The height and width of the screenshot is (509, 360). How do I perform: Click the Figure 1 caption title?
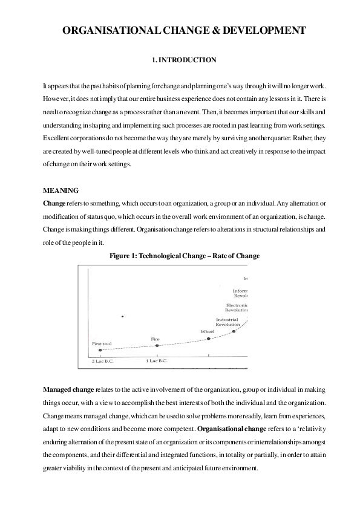pos(184,256)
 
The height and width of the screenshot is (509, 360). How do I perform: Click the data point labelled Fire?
pos(157,345)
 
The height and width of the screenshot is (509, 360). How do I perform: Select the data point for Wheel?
pos(209,339)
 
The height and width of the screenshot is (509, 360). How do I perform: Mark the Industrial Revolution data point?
pos(234,331)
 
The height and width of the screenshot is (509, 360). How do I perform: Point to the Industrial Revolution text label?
pos(228,322)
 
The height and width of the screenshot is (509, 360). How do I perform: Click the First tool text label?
pos(102,343)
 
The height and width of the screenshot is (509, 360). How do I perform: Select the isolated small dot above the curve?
pos(122,316)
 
